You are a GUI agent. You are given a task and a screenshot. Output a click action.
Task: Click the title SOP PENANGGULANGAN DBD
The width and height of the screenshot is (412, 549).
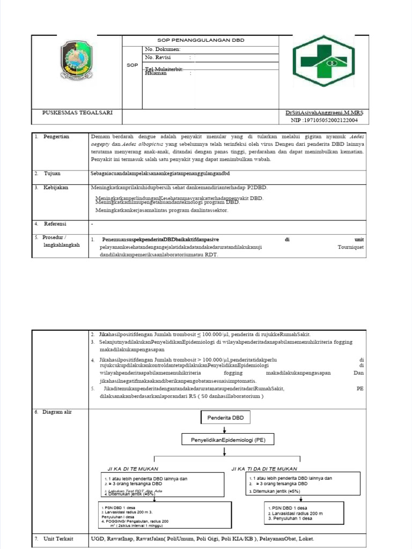click(200, 40)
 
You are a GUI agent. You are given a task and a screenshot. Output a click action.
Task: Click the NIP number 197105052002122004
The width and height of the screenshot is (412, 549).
click(329, 121)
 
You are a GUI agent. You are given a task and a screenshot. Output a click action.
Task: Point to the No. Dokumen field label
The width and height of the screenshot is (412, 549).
click(163, 49)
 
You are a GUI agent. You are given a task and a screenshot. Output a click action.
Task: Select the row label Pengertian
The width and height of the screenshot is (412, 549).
click(56, 137)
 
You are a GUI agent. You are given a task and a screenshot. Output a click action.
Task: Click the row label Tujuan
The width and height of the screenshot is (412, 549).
click(52, 174)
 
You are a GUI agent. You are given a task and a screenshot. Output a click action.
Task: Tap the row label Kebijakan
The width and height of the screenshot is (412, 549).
click(56, 188)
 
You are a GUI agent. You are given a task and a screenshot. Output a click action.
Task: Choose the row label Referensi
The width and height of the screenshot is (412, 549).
click(55, 224)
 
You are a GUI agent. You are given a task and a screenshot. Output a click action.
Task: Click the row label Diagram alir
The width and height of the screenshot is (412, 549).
click(57, 412)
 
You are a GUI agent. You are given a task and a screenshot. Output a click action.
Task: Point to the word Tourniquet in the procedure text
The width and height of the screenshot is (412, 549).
click(350, 247)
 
